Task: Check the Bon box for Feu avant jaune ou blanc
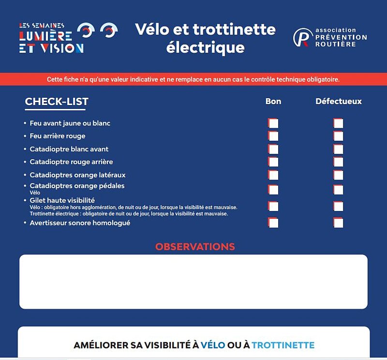pyautogui.click(x=273, y=123)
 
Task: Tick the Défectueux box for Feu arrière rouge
pyautogui.click(x=338, y=136)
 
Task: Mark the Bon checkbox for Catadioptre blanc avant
pyautogui.click(x=273, y=149)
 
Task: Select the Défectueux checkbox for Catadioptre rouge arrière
pyautogui.click(x=338, y=162)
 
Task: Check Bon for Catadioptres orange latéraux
pyautogui.click(x=273, y=175)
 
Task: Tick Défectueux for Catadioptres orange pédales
pyautogui.click(x=338, y=190)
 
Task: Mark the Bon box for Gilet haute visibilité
pyautogui.click(x=273, y=207)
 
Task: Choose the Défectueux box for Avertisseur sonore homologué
pyautogui.click(x=338, y=223)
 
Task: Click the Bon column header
pyautogui.click(x=273, y=102)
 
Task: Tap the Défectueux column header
pyautogui.click(x=339, y=102)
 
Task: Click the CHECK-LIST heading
pyautogui.click(x=57, y=102)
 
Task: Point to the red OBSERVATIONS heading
pyautogui.click(x=195, y=247)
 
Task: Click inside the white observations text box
pyautogui.click(x=193, y=282)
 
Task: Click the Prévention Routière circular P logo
pyautogui.click(x=303, y=37)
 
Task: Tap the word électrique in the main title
pyautogui.click(x=205, y=48)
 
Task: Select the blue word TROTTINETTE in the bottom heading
pyautogui.click(x=283, y=345)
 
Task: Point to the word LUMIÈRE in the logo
pyautogui.click(x=46, y=36)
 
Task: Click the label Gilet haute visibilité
pyautogui.click(x=62, y=200)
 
